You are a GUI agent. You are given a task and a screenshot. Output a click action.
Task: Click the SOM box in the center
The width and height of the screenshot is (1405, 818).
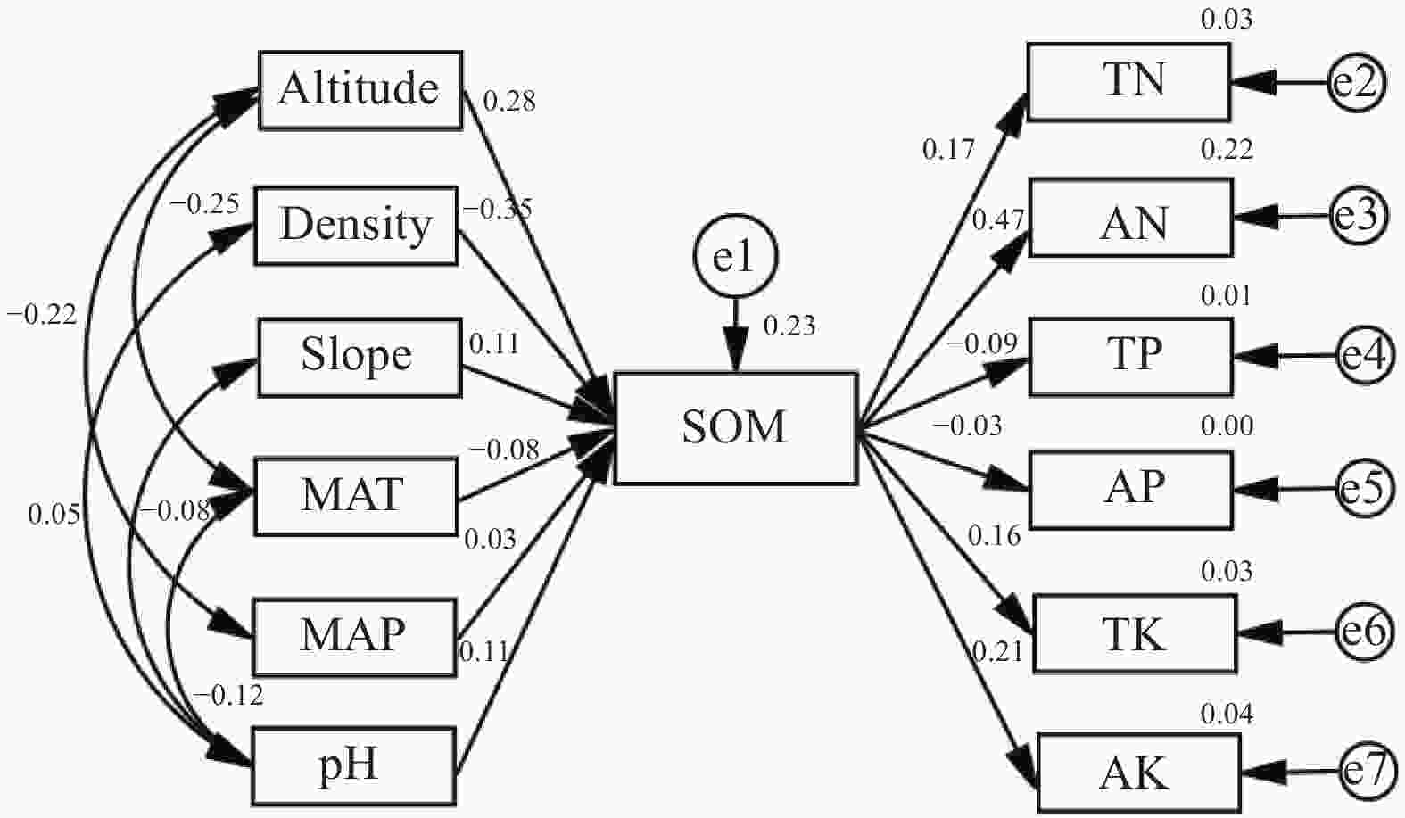click(x=736, y=428)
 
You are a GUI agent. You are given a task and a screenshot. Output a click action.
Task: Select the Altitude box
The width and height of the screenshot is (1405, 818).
click(x=360, y=90)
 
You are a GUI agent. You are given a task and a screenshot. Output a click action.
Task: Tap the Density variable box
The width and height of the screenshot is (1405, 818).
click(x=356, y=226)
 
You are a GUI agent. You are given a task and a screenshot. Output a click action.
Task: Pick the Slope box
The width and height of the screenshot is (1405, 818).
click(x=360, y=358)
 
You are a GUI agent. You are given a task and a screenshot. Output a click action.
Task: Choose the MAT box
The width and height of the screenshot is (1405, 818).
click(x=356, y=497)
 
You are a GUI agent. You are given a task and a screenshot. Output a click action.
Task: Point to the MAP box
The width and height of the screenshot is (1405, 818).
click(x=354, y=637)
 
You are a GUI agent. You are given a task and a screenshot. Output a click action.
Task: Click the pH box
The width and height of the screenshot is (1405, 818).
click(x=354, y=766)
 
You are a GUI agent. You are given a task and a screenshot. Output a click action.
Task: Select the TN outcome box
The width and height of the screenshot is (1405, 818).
click(x=1129, y=81)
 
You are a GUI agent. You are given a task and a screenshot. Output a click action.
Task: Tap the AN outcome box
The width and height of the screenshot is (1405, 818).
click(x=1131, y=218)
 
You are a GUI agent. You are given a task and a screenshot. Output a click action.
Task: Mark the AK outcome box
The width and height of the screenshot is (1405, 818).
click(x=1139, y=773)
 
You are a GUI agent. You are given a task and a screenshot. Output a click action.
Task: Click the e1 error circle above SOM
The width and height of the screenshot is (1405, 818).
click(x=736, y=256)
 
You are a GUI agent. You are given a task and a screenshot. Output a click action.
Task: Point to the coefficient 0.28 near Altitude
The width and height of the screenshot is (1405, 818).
click(x=509, y=101)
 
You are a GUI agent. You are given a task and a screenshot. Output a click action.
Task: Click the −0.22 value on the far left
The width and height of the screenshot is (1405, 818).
click(x=42, y=314)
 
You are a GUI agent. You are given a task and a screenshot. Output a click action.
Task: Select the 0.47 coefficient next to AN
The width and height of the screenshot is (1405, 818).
click(x=998, y=220)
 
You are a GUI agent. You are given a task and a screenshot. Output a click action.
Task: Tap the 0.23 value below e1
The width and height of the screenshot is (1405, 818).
click(x=789, y=326)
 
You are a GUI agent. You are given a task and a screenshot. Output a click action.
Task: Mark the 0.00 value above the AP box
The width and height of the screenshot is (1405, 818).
click(x=1227, y=426)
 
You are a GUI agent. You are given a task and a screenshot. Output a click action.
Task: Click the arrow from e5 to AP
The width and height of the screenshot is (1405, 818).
click(x=1285, y=490)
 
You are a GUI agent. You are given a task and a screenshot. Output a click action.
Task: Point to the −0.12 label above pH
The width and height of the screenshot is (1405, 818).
click(x=228, y=695)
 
